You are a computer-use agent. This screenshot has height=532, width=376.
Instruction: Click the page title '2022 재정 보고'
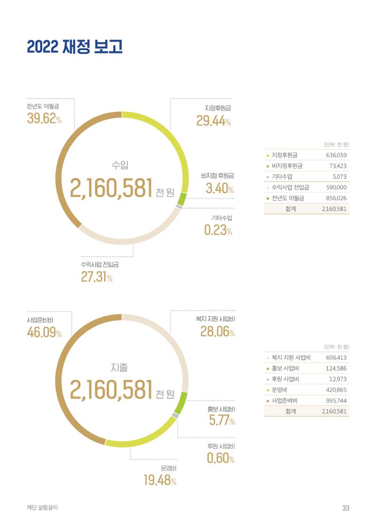[x=75, y=47]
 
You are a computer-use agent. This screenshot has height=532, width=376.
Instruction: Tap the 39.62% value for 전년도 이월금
[x=44, y=118]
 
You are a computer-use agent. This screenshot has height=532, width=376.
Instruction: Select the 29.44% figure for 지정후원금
[x=213, y=120]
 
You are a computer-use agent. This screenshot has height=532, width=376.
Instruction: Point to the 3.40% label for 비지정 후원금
[x=219, y=188]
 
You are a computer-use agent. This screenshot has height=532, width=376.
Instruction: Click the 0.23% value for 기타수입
[x=218, y=230]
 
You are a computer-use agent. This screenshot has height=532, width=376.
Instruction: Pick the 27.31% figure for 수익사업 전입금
[x=97, y=277]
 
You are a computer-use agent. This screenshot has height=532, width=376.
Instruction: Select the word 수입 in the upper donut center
[x=120, y=165]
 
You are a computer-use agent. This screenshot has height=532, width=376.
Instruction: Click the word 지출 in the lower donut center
[x=119, y=368]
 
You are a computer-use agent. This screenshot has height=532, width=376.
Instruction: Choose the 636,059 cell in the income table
[x=337, y=155]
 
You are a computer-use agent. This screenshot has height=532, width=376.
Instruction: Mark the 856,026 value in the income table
[x=337, y=198]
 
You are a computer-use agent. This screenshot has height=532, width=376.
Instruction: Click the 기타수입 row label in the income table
[x=282, y=176]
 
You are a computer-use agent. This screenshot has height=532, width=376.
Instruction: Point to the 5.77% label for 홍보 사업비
[x=222, y=420]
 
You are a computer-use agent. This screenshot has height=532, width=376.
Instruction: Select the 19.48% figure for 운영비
[x=160, y=480]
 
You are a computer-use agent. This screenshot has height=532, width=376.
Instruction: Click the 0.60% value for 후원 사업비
[x=220, y=458]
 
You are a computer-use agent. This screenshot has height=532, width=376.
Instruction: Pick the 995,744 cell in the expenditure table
[x=337, y=401]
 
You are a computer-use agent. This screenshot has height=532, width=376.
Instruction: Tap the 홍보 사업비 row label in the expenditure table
[x=285, y=368]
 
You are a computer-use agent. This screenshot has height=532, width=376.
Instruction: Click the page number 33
[x=345, y=508]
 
